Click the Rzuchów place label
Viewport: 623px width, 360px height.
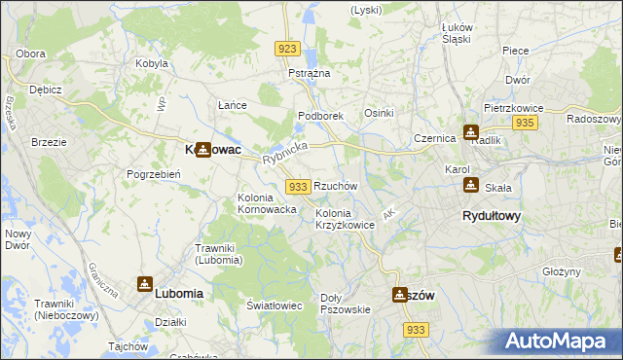tap(336, 185)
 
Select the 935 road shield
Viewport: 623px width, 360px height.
tap(526, 123)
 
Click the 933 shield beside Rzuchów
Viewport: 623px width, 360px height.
tap(298, 186)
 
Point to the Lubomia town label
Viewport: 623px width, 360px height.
tap(179, 293)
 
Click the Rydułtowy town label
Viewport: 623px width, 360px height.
tap(491, 216)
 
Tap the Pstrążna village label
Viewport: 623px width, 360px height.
tap(310, 74)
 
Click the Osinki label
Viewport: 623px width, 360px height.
tap(379, 113)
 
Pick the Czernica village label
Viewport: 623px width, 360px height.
tap(435, 138)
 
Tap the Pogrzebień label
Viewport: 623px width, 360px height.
tap(151, 174)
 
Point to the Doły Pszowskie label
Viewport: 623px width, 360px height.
tap(346, 304)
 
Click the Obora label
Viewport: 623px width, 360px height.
tap(31, 53)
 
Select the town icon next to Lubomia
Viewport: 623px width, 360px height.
tap(144, 284)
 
